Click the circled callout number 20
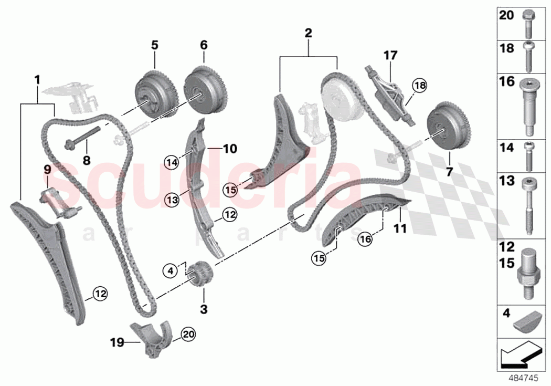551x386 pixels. (187, 333)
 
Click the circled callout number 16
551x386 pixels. (366, 239)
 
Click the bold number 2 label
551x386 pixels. (308, 33)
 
